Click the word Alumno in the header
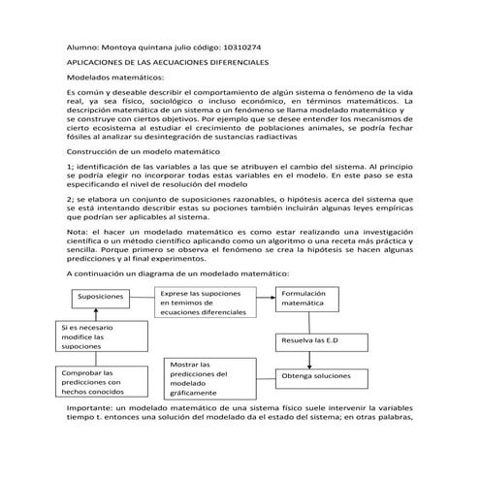pos(85,46)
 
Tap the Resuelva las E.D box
pos(312,341)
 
